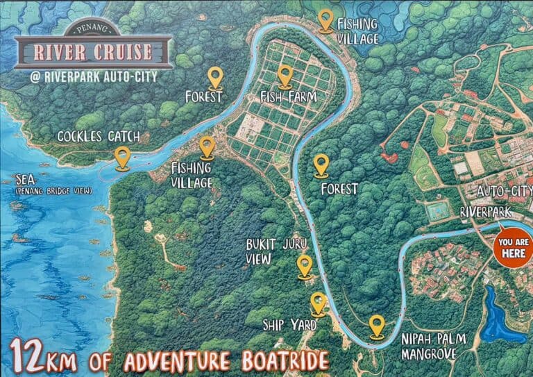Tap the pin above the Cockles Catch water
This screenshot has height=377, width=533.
tap(123, 158)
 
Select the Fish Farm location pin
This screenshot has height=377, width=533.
tap(285, 76)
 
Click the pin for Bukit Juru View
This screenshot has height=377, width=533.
tap(305, 266)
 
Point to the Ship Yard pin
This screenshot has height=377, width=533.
tap(318, 303)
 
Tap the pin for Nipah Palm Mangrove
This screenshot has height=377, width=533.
tap(377, 326)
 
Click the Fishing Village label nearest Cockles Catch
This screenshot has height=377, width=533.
tap(192, 174)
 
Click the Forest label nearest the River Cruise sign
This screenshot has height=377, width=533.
tap(203, 97)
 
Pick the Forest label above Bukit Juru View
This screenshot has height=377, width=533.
tap(339, 189)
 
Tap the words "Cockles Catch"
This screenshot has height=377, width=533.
tap(99, 136)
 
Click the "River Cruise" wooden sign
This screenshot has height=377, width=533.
tap(93, 51)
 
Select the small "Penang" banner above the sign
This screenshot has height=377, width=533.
tap(93, 30)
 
